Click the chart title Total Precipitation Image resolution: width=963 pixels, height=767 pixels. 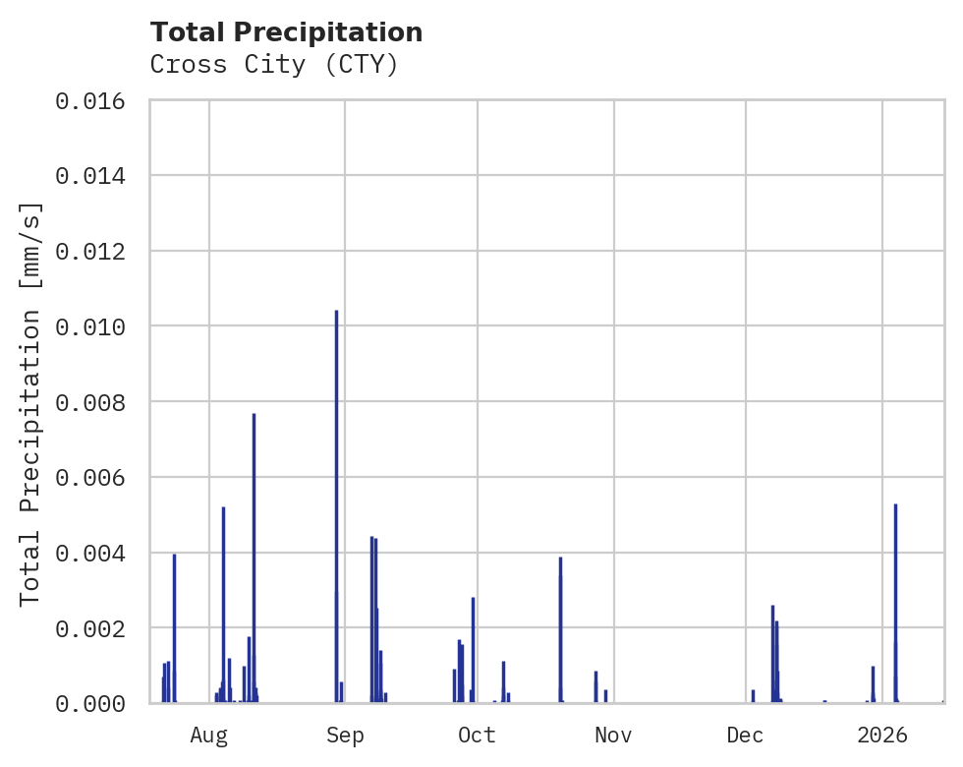pyautogui.click(x=286, y=32)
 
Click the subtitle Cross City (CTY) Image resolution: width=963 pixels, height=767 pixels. pyautogui.click(x=273, y=65)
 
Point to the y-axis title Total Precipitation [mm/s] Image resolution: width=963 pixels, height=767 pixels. pyautogui.click(x=30, y=402)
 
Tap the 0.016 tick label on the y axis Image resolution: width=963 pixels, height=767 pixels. pyautogui.click(x=90, y=100)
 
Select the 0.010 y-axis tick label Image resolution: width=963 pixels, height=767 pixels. pyautogui.click(x=90, y=326)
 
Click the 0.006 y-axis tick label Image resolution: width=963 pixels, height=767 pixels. pyautogui.click(x=90, y=478)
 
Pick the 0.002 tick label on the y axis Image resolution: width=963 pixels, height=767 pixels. pyautogui.click(x=90, y=628)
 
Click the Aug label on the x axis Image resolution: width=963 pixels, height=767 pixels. pyautogui.click(x=209, y=735)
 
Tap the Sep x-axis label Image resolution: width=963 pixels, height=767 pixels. pyautogui.click(x=345, y=735)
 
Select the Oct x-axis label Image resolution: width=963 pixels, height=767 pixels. pyautogui.click(x=478, y=735)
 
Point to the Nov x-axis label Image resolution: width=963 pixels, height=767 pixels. pyautogui.click(x=613, y=735)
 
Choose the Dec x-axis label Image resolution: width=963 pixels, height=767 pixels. pyautogui.click(x=746, y=735)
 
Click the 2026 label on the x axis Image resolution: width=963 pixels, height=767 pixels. pyautogui.click(x=882, y=735)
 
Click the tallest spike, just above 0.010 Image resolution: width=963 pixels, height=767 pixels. pyautogui.click(x=336, y=492)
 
